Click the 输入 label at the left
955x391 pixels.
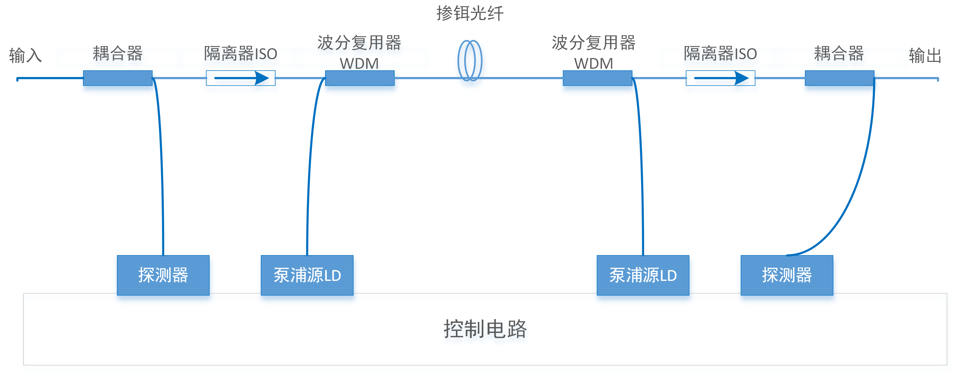pos(25,56)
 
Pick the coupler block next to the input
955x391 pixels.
pos(118,78)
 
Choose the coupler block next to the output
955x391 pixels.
pos(839,78)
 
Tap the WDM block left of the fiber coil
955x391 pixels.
pos(360,78)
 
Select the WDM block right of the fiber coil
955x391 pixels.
pos(597,78)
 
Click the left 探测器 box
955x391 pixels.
pos(163,275)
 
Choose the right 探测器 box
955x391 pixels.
pos(787,275)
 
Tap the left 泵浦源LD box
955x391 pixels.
pos(307,275)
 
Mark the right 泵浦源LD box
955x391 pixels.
pos(643,275)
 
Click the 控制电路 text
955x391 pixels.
pos(485,329)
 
